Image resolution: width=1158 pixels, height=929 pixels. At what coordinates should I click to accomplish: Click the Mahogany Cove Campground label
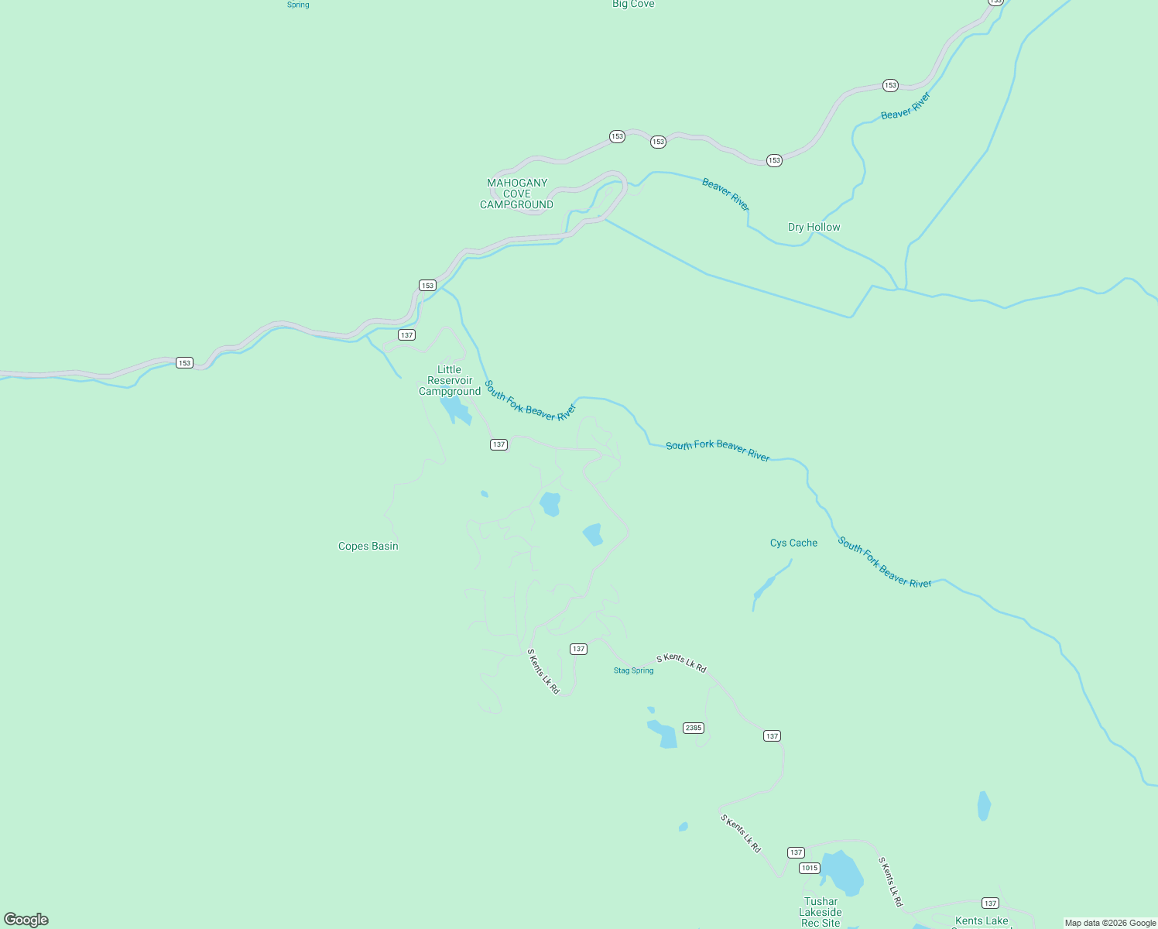(x=517, y=194)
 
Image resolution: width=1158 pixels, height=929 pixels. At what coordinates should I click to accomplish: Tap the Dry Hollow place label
(x=814, y=227)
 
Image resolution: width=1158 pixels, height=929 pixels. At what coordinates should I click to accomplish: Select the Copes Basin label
(x=368, y=546)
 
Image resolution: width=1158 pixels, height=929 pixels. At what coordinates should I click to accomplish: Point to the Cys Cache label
(x=793, y=543)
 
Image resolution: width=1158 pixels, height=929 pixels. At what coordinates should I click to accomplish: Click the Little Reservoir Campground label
(x=450, y=380)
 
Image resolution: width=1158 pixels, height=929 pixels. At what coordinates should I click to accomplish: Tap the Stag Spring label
(x=633, y=670)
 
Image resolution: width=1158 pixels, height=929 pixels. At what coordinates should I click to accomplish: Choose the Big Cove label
(x=633, y=5)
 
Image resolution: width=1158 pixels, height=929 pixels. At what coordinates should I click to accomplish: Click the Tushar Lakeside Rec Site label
(x=821, y=912)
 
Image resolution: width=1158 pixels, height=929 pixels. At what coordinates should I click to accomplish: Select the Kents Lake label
(x=982, y=920)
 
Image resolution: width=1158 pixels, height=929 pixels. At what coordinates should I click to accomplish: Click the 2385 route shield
(x=693, y=728)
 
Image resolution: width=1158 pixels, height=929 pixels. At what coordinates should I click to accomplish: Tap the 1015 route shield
(x=810, y=868)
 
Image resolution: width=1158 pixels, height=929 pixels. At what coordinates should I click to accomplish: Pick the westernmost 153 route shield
(x=184, y=362)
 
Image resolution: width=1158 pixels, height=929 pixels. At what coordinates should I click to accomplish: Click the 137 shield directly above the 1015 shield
(x=796, y=852)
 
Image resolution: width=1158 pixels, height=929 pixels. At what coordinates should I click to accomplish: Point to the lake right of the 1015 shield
(x=841, y=872)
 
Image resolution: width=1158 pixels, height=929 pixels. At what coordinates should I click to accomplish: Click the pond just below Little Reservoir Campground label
(x=456, y=411)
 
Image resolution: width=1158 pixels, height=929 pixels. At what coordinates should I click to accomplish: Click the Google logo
(x=26, y=920)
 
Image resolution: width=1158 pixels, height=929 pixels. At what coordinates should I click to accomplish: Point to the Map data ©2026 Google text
(x=1110, y=923)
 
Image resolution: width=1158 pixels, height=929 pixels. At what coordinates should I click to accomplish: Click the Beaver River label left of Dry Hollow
(x=725, y=194)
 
